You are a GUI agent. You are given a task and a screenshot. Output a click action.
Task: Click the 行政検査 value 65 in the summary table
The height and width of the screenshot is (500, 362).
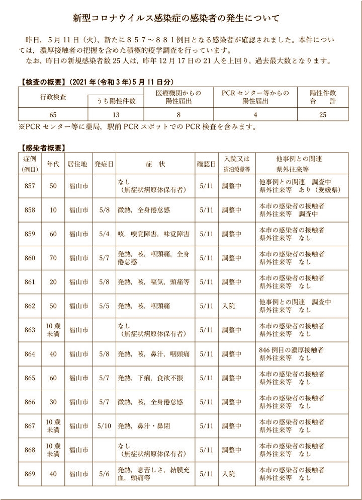(53, 115)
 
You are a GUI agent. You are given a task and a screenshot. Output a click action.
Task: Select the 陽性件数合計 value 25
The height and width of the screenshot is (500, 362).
(323, 115)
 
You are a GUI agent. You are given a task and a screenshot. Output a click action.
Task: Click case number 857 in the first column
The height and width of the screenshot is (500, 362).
(30, 186)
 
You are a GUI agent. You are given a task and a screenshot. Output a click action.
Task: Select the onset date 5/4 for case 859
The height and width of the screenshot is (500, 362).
(104, 234)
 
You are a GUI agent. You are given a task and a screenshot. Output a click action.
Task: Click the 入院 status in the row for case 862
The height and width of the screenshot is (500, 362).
(229, 306)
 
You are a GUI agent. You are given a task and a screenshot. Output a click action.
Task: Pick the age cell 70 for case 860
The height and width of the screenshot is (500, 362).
(53, 258)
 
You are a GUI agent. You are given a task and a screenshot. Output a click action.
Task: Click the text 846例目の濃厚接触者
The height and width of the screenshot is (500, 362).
(291, 350)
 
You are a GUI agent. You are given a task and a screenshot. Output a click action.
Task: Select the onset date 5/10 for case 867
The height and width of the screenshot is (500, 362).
(104, 426)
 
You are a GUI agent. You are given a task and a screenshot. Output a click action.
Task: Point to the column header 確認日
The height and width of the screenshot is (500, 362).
(206, 164)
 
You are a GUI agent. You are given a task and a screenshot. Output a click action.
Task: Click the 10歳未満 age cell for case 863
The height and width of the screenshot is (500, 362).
(53, 330)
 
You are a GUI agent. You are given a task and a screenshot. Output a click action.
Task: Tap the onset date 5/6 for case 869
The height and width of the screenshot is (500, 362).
(104, 474)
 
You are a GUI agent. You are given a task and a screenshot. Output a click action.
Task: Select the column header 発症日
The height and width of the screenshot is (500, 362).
(104, 164)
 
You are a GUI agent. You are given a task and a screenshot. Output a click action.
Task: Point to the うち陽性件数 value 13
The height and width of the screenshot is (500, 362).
(116, 115)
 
